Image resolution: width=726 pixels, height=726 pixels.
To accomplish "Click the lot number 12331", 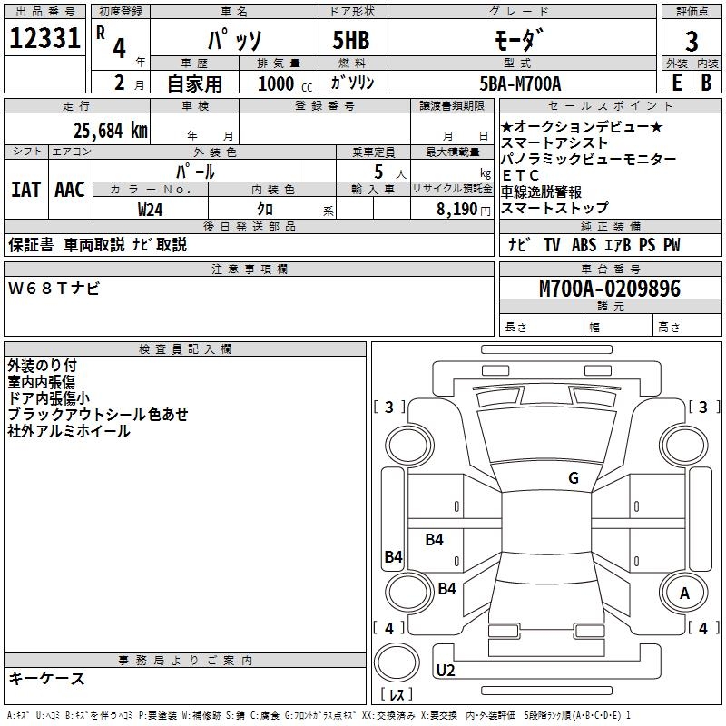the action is [44, 38].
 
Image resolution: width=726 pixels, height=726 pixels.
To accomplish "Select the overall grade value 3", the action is [692, 41].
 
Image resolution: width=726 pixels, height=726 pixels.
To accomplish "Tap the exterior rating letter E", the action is [676, 83].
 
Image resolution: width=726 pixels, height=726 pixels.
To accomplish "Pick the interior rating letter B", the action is [706, 83].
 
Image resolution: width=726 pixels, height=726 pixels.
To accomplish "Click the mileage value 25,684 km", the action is [110, 131].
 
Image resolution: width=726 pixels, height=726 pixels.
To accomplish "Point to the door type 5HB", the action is [351, 40].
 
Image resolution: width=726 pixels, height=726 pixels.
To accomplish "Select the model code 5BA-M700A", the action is [520, 83].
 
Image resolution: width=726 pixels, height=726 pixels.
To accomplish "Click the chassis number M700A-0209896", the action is [610, 289].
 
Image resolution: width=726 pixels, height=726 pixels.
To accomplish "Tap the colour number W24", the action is [150, 210].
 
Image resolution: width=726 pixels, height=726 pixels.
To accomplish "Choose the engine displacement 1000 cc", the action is [285, 83].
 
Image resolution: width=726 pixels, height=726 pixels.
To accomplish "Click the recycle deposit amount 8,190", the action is [456, 210].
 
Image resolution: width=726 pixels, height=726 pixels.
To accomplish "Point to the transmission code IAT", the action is [26, 190].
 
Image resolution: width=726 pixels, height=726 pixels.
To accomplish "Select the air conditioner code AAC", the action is [70, 190].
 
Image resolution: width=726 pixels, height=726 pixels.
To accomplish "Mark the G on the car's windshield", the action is [574, 478].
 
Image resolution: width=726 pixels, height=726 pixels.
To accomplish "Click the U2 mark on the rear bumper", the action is [446, 671].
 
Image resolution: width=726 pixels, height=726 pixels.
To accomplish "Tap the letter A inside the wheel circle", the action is [684, 594].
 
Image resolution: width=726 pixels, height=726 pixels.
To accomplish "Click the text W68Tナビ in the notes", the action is [54, 289].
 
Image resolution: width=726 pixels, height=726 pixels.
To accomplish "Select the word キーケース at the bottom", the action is [47, 679].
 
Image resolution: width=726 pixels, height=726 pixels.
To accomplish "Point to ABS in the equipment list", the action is [584, 245].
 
